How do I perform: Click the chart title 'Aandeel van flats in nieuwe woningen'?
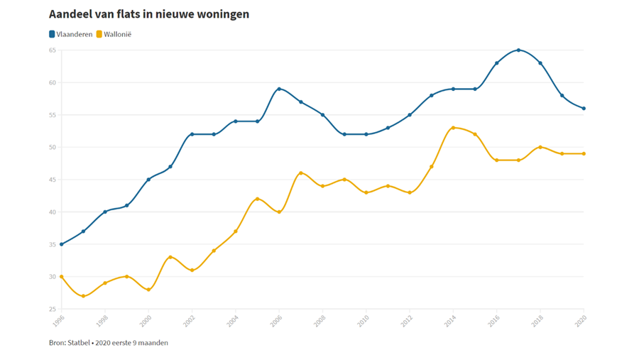coord(148,14)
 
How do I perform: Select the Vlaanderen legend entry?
coord(70,34)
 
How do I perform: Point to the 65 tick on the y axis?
coord(52,50)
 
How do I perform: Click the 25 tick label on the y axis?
coord(52,309)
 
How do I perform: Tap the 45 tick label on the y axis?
coord(52,180)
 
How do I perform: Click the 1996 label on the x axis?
coord(58,320)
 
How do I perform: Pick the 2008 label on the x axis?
coord(319,320)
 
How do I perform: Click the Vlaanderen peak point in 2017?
coord(518,50)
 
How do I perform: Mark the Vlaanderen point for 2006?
coord(279,89)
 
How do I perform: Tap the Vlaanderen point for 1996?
coord(62,244)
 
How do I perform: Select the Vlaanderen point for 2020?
coord(584,109)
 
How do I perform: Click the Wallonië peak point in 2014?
coord(453,128)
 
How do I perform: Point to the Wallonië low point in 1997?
coord(83,296)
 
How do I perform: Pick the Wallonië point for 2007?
coord(301,173)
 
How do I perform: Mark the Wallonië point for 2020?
coord(584,153)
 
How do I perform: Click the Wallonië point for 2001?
coord(170,257)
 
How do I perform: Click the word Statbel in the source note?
coord(79,343)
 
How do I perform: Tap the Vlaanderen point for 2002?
coord(192,134)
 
